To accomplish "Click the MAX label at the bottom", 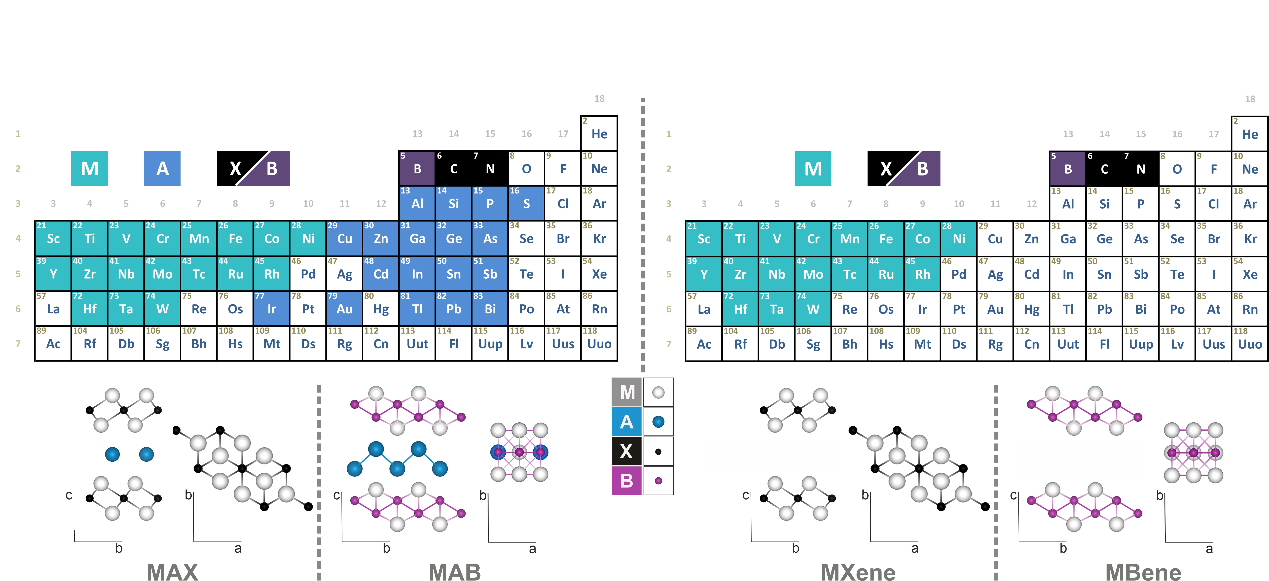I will tap(172, 572).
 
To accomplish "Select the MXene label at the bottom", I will tap(858, 572).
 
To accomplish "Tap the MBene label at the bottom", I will tap(1143, 572).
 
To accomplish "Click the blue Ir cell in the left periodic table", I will tap(272, 308).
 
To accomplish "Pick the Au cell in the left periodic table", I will tap(344, 308).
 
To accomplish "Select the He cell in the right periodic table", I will tap(1250, 133).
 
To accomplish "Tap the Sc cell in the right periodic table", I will tap(703, 238).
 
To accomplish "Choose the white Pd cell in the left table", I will tap(308, 273).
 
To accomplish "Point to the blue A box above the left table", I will tap(162, 168).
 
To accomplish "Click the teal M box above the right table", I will tap(813, 168).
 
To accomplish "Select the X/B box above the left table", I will tap(253, 168).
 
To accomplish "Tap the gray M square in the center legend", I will tap(627, 392).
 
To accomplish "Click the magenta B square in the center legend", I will tap(627, 480).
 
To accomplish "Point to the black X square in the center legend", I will tap(627, 451).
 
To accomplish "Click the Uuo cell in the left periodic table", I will tap(599, 343).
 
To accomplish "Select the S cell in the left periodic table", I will tap(526, 203).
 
